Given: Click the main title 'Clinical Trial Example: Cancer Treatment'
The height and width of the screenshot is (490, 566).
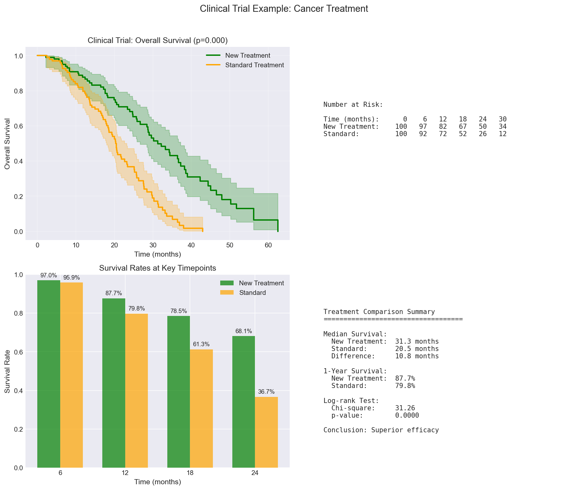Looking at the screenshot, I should tap(284, 9).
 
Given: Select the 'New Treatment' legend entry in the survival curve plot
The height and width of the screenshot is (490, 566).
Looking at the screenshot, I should tap(247, 55).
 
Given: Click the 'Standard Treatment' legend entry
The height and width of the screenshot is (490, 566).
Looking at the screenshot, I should tap(254, 65).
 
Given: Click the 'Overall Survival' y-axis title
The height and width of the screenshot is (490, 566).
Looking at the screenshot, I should tap(8, 143).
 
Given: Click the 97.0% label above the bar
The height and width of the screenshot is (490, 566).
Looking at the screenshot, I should tap(48, 275).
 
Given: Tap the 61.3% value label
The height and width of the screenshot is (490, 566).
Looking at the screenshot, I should tap(201, 344).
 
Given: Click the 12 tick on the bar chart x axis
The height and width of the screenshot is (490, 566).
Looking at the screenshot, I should tap(125, 473).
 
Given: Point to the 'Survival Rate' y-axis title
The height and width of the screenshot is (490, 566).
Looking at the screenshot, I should tap(8, 371).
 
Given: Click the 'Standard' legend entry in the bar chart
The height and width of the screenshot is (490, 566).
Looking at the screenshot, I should tap(252, 293).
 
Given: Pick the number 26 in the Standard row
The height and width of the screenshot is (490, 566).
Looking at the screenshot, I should tap(483, 134).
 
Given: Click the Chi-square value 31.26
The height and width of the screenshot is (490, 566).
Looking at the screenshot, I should tap(405, 408).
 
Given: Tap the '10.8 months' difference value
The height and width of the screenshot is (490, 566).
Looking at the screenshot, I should tap(417, 356).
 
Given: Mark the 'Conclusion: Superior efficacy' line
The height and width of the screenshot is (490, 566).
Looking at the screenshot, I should tap(381, 430).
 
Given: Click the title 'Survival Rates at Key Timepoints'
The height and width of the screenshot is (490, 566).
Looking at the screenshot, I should tap(157, 268).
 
